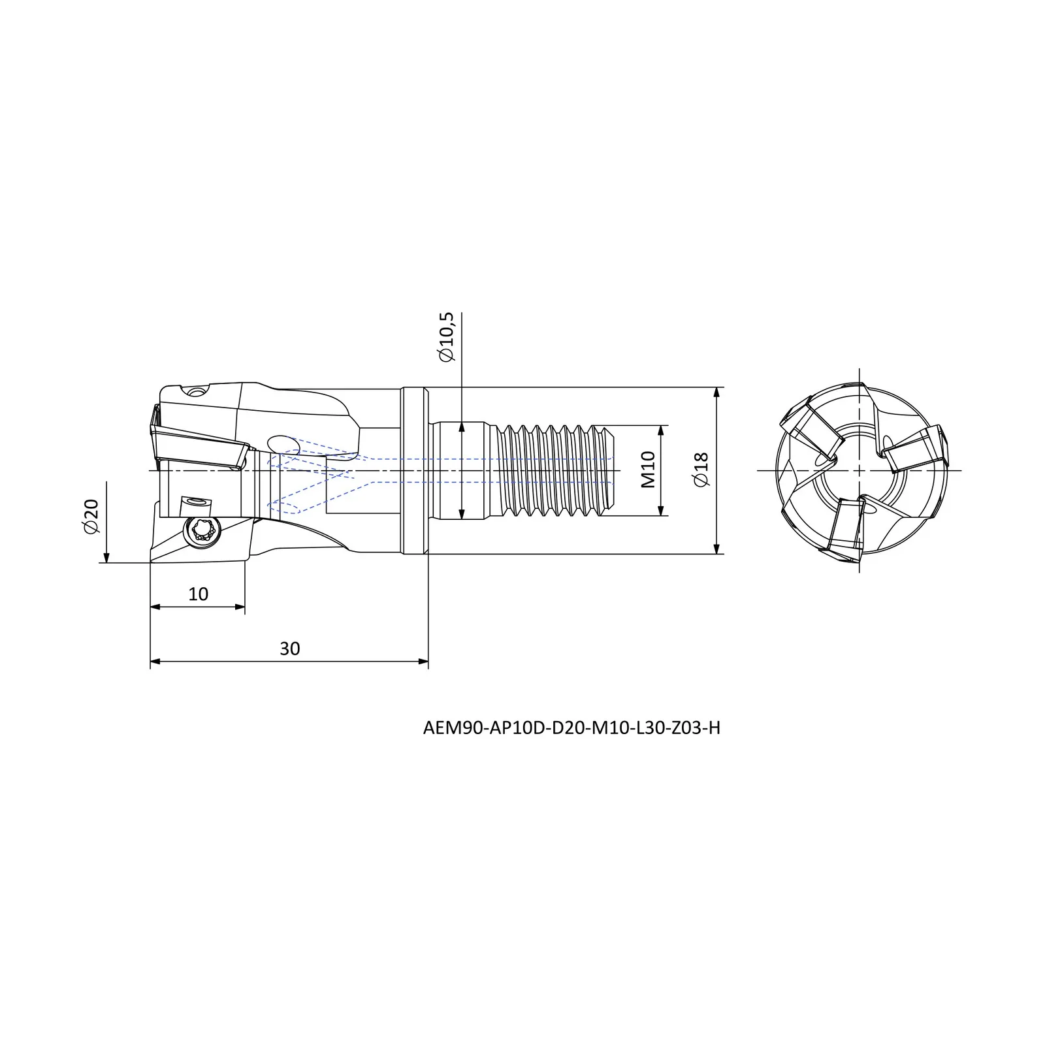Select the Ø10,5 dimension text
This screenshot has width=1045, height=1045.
tap(447, 338)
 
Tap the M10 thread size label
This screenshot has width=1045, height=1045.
tap(647, 470)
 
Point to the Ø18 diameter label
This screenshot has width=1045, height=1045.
tap(701, 470)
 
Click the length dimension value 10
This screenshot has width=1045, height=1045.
tap(198, 594)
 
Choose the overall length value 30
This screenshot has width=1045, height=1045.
tap(289, 649)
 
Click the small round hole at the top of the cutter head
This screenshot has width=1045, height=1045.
tap(195, 393)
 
